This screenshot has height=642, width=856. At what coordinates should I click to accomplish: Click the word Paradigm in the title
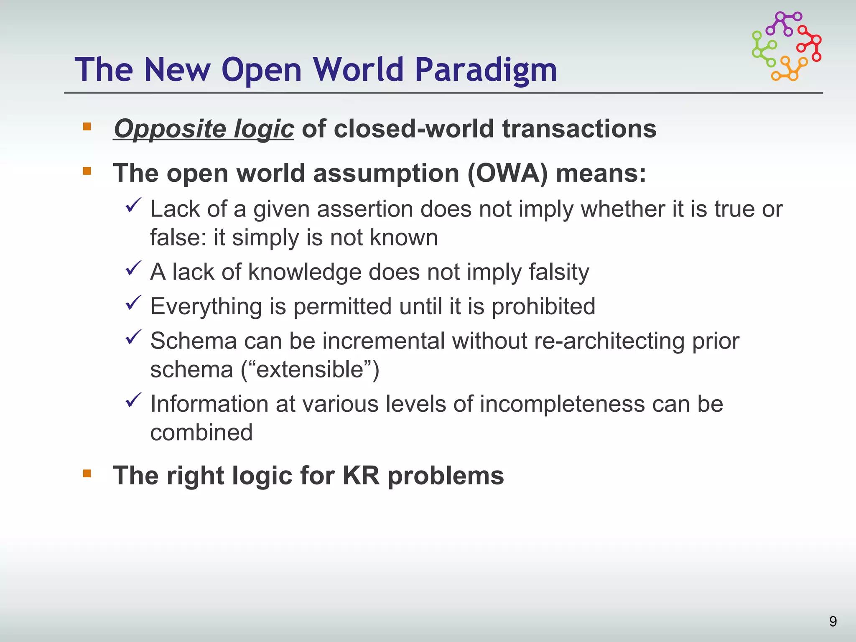(x=486, y=70)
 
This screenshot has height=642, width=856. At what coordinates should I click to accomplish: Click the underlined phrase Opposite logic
(x=204, y=128)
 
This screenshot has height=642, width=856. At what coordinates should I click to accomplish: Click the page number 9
(x=833, y=622)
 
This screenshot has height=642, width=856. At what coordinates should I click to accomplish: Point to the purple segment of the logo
(x=783, y=24)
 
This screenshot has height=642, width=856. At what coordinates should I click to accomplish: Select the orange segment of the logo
(x=789, y=69)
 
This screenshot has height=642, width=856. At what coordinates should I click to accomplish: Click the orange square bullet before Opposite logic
(x=87, y=126)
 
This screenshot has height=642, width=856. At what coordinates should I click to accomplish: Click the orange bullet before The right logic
(x=87, y=473)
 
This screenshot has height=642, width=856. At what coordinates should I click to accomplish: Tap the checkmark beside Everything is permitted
(x=134, y=303)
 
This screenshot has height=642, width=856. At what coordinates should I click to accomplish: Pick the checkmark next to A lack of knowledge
(x=134, y=268)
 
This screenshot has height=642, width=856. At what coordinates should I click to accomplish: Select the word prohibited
(x=543, y=306)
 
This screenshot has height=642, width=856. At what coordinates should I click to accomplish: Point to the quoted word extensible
(x=310, y=369)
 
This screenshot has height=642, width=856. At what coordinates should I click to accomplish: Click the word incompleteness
(x=562, y=404)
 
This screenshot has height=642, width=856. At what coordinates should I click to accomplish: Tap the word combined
(x=201, y=432)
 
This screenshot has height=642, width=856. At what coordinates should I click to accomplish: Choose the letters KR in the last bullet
(x=361, y=476)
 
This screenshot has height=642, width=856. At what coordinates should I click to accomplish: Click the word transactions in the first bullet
(x=579, y=128)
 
